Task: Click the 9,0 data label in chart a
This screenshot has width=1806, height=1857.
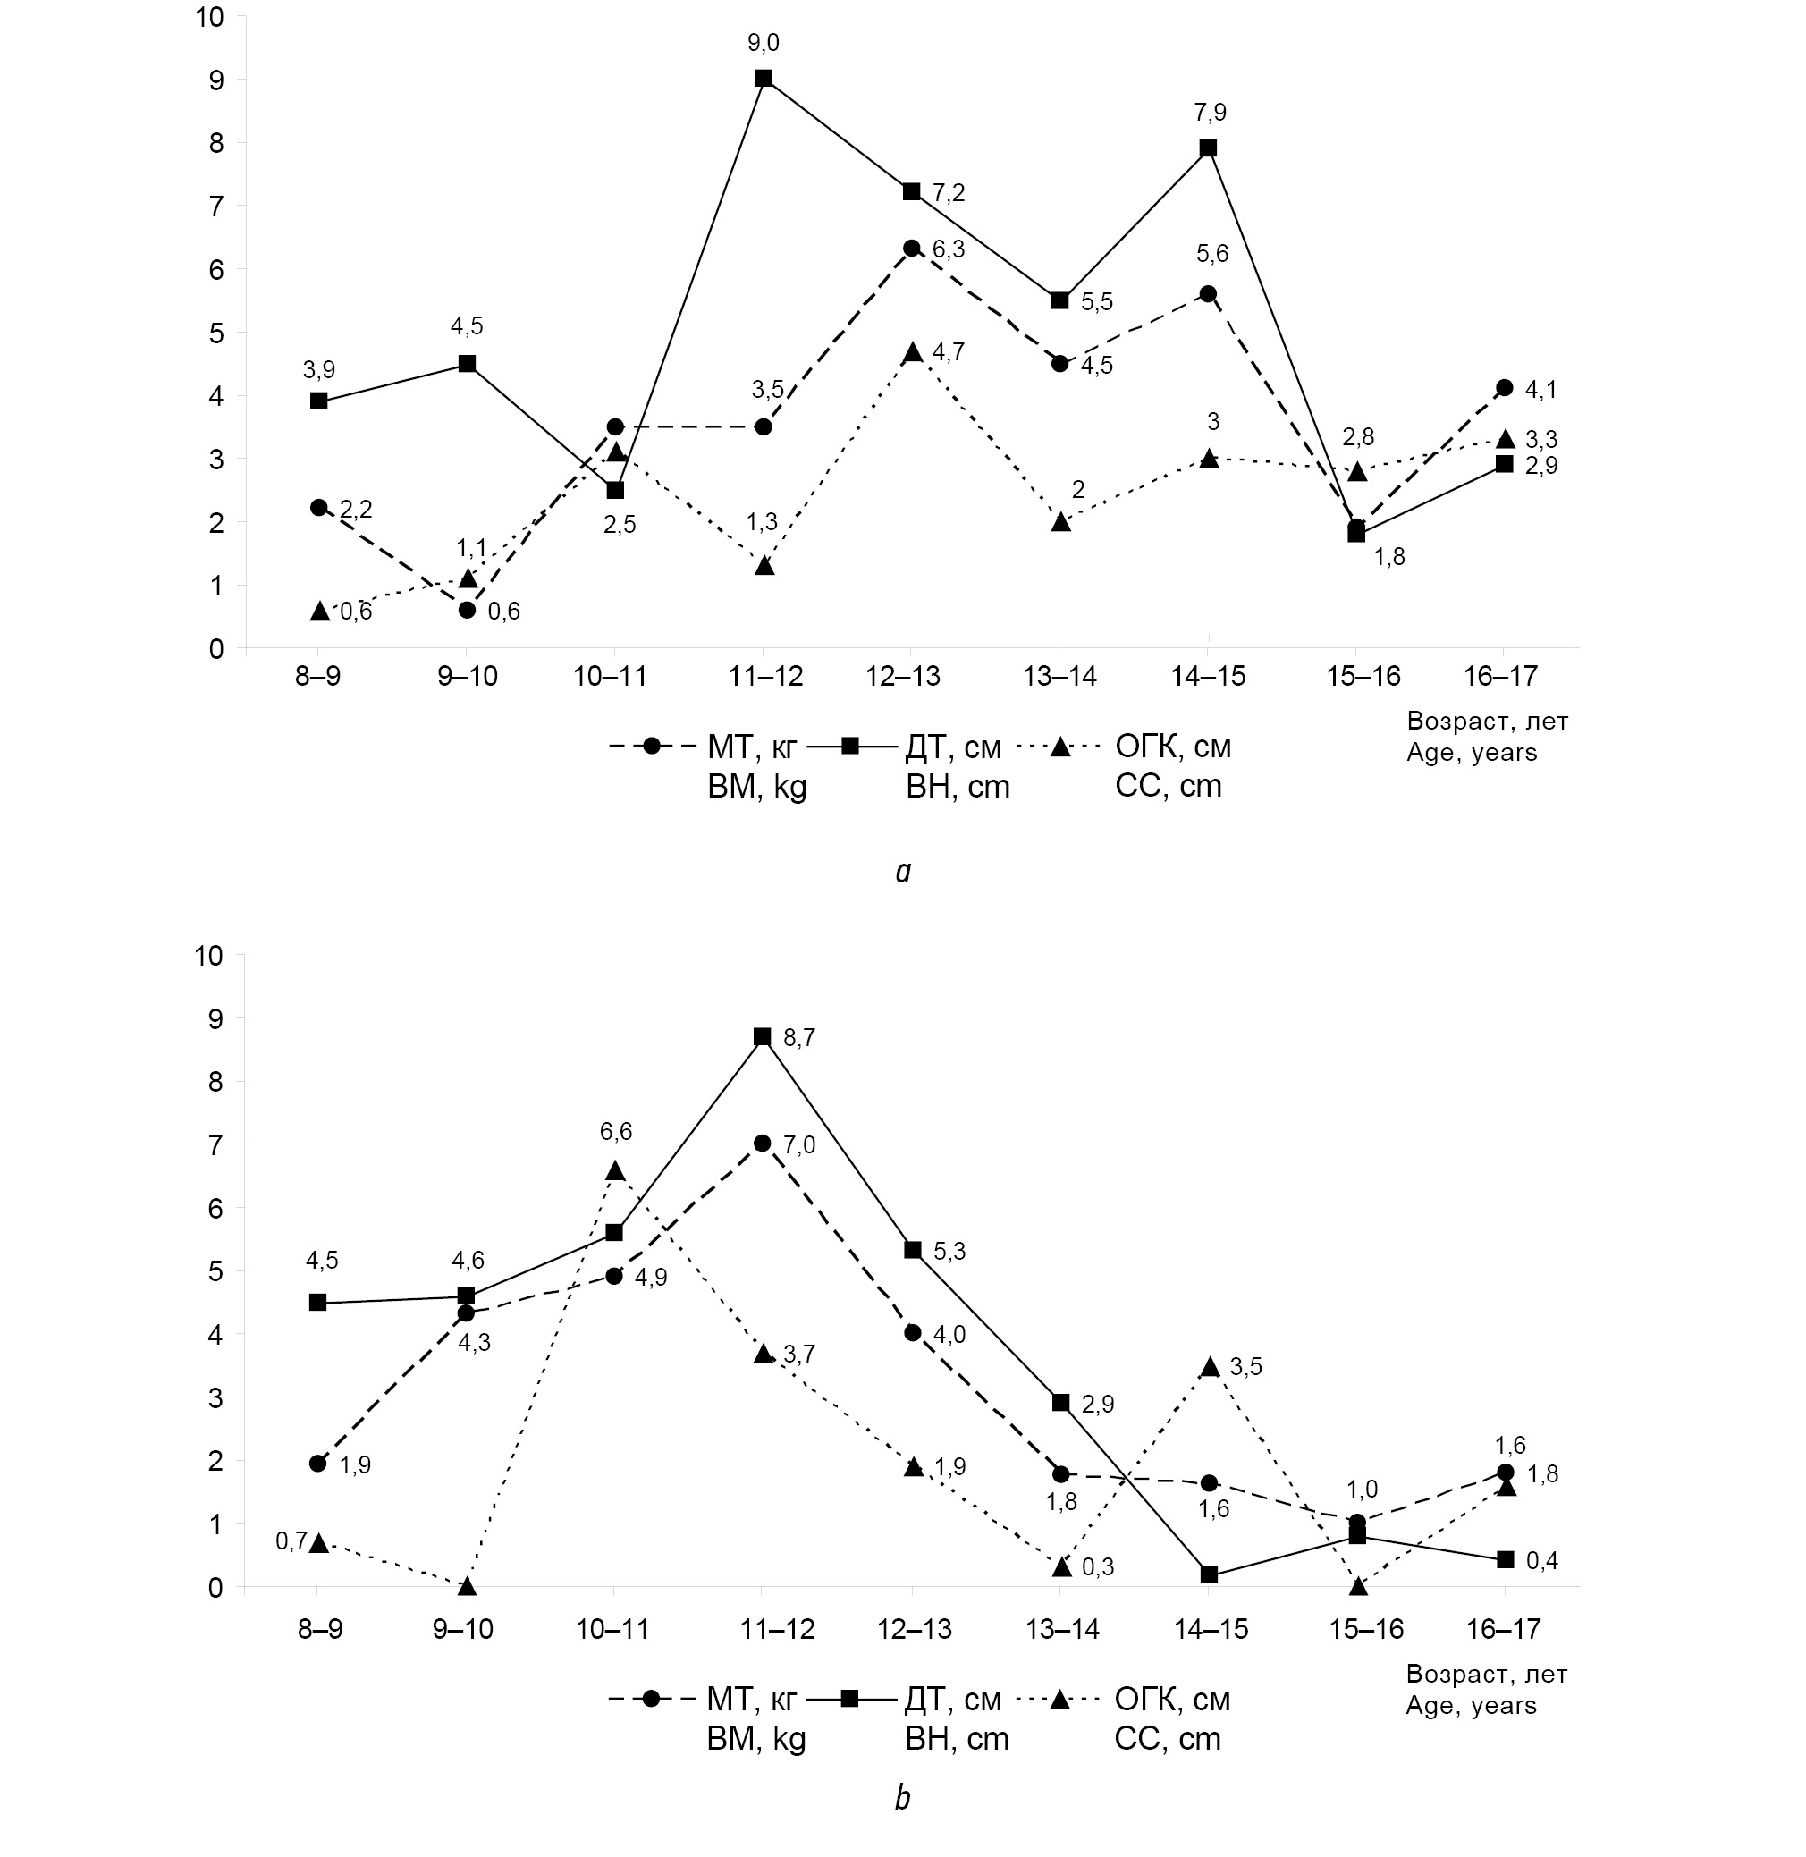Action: click(x=763, y=43)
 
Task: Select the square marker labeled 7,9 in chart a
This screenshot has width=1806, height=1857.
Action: click(x=1208, y=148)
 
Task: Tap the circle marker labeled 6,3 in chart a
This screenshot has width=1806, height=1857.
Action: click(x=912, y=249)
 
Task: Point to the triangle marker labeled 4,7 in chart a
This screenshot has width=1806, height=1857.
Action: click(x=913, y=353)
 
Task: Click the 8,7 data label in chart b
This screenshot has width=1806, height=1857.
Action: click(x=798, y=1037)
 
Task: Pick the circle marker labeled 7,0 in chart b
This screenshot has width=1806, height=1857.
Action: click(x=763, y=1143)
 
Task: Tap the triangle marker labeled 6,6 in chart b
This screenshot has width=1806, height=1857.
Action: click(x=616, y=1171)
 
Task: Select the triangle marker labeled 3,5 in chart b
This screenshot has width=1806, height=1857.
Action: click(x=1210, y=1367)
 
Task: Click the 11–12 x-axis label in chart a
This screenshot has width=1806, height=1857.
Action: click(x=765, y=676)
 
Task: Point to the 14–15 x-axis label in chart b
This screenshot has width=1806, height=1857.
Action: click(x=1211, y=1629)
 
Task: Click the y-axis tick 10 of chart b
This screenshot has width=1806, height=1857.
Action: click(x=207, y=955)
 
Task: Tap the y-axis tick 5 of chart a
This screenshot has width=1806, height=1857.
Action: click(x=216, y=333)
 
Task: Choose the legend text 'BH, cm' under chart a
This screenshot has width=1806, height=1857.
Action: click(x=957, y=786)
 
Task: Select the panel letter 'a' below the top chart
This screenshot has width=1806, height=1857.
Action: click(x=903, y=872)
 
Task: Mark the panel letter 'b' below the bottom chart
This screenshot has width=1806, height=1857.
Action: click(x=902, y=1797)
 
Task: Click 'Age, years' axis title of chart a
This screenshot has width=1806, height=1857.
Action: click(x=1471, y=753)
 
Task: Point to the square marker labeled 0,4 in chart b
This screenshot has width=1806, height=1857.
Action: click(x=1505, y=1559)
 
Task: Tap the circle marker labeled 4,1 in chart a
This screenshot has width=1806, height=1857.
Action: click(x=1505, y=387)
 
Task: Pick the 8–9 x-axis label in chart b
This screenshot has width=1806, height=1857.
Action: click(x=320, y=1629)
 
